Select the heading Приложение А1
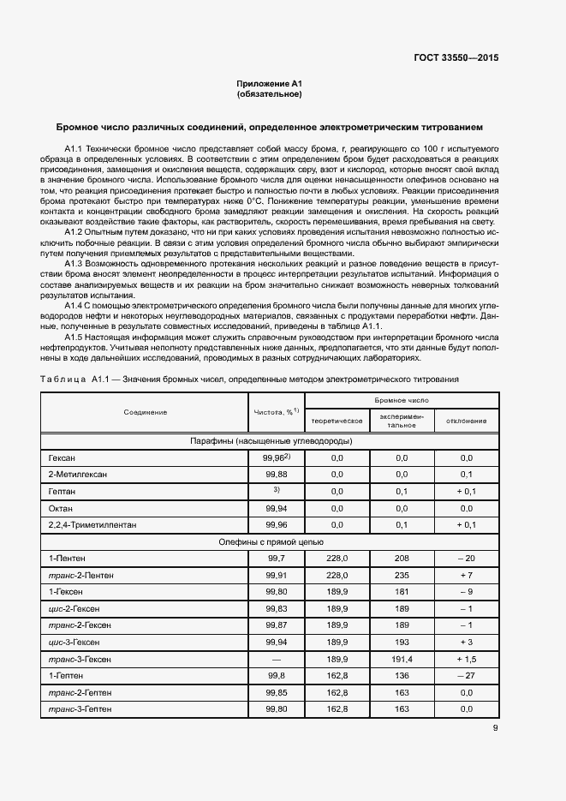270,83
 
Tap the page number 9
495,728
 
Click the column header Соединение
145,412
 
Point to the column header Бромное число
402,400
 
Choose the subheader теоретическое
337,421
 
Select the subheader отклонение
466,421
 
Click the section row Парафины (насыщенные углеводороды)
271,441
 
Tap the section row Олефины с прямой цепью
271,541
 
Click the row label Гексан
63,458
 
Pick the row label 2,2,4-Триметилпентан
92,524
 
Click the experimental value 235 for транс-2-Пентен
402,574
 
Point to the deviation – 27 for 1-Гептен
466,675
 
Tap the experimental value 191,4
402,659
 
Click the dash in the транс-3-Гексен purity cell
276,659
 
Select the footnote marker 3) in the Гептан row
276,490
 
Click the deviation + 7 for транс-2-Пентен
466,574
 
